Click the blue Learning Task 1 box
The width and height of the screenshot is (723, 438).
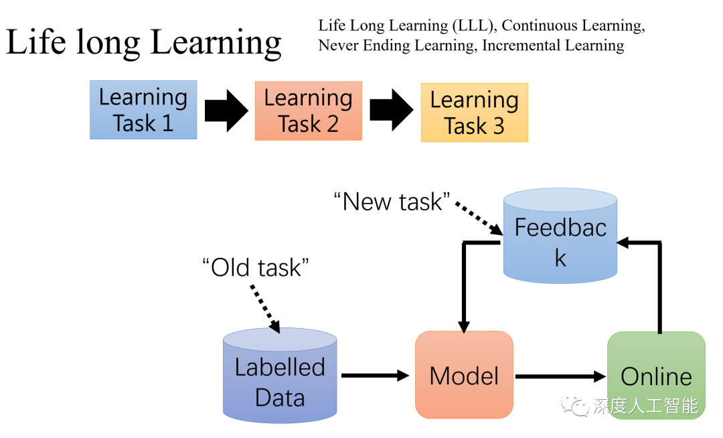(143, 110)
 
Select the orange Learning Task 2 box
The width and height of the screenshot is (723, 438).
(308, 111)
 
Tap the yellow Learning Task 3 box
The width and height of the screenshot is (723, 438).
(474, 113)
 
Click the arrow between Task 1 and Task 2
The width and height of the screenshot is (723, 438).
(226, 111)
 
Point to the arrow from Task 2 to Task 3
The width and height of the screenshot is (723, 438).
(392, 111)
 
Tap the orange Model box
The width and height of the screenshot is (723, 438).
(464, 375)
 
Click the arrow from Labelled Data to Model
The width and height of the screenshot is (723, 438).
(375, 376)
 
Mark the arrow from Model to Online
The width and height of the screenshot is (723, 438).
(560, 376)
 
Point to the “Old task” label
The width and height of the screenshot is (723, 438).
(256, 267)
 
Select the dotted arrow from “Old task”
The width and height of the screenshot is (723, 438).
(264, 308)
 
